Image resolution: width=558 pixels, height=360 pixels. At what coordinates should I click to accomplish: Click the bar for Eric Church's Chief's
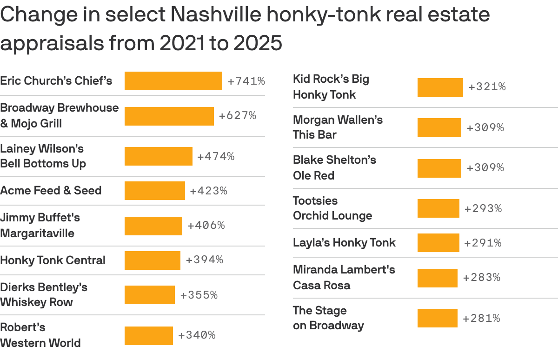[x=173, y=81]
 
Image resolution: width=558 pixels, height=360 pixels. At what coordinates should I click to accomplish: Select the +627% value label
[x=238, y=116]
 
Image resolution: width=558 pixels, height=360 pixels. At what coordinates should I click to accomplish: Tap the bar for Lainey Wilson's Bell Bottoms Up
[x=158, y=156]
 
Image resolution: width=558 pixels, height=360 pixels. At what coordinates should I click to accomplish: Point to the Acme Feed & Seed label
[x=51, y=190]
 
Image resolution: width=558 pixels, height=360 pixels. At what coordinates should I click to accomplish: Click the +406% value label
[x=206, y=226]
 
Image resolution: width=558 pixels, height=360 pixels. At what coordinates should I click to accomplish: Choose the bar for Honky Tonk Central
[x=152, y=260]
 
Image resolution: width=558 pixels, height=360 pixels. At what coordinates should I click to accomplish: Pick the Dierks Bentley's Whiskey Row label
[x=44, y=294]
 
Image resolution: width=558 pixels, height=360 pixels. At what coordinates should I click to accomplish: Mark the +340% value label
[x=197, y=335]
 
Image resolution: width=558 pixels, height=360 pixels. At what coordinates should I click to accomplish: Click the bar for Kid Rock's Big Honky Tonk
[x=440, y=87]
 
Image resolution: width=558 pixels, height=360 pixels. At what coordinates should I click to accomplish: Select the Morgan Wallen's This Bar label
[x=338, y=127]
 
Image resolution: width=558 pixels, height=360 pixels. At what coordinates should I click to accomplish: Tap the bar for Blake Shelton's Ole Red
[x=439, y=168]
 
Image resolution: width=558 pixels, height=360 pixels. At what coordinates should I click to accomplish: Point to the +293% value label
[x=483, y=209]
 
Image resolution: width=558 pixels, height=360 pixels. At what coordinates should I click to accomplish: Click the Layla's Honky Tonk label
[x=344, y=242]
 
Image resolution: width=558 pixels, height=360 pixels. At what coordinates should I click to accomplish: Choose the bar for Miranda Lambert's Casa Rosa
[x=437, y=278]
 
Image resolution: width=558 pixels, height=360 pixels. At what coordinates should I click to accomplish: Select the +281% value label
[x=481, y=319]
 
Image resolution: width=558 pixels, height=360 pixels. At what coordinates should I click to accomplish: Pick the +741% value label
[x=246, y=81]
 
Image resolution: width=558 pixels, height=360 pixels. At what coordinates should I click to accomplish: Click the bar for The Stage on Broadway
[x=437, y=318]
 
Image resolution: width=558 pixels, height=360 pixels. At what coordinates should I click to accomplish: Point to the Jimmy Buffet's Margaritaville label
[x=40, y=225]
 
